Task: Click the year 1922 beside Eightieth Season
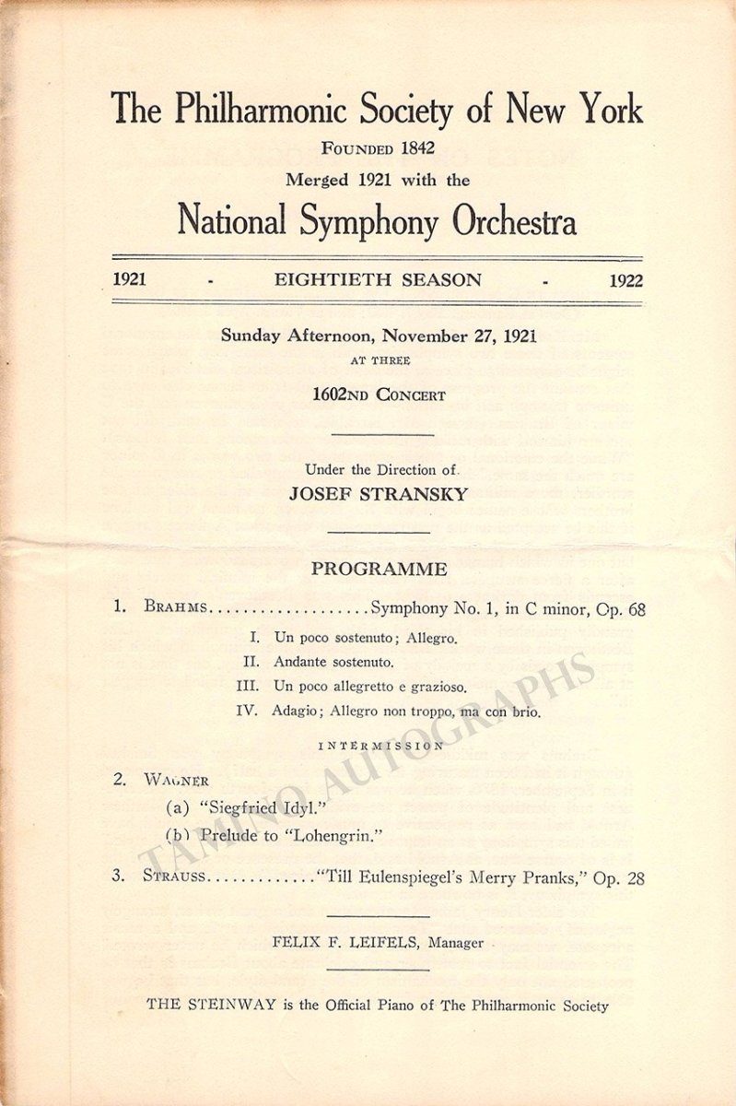click(625, 280)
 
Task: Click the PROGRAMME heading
click(379, 569)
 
